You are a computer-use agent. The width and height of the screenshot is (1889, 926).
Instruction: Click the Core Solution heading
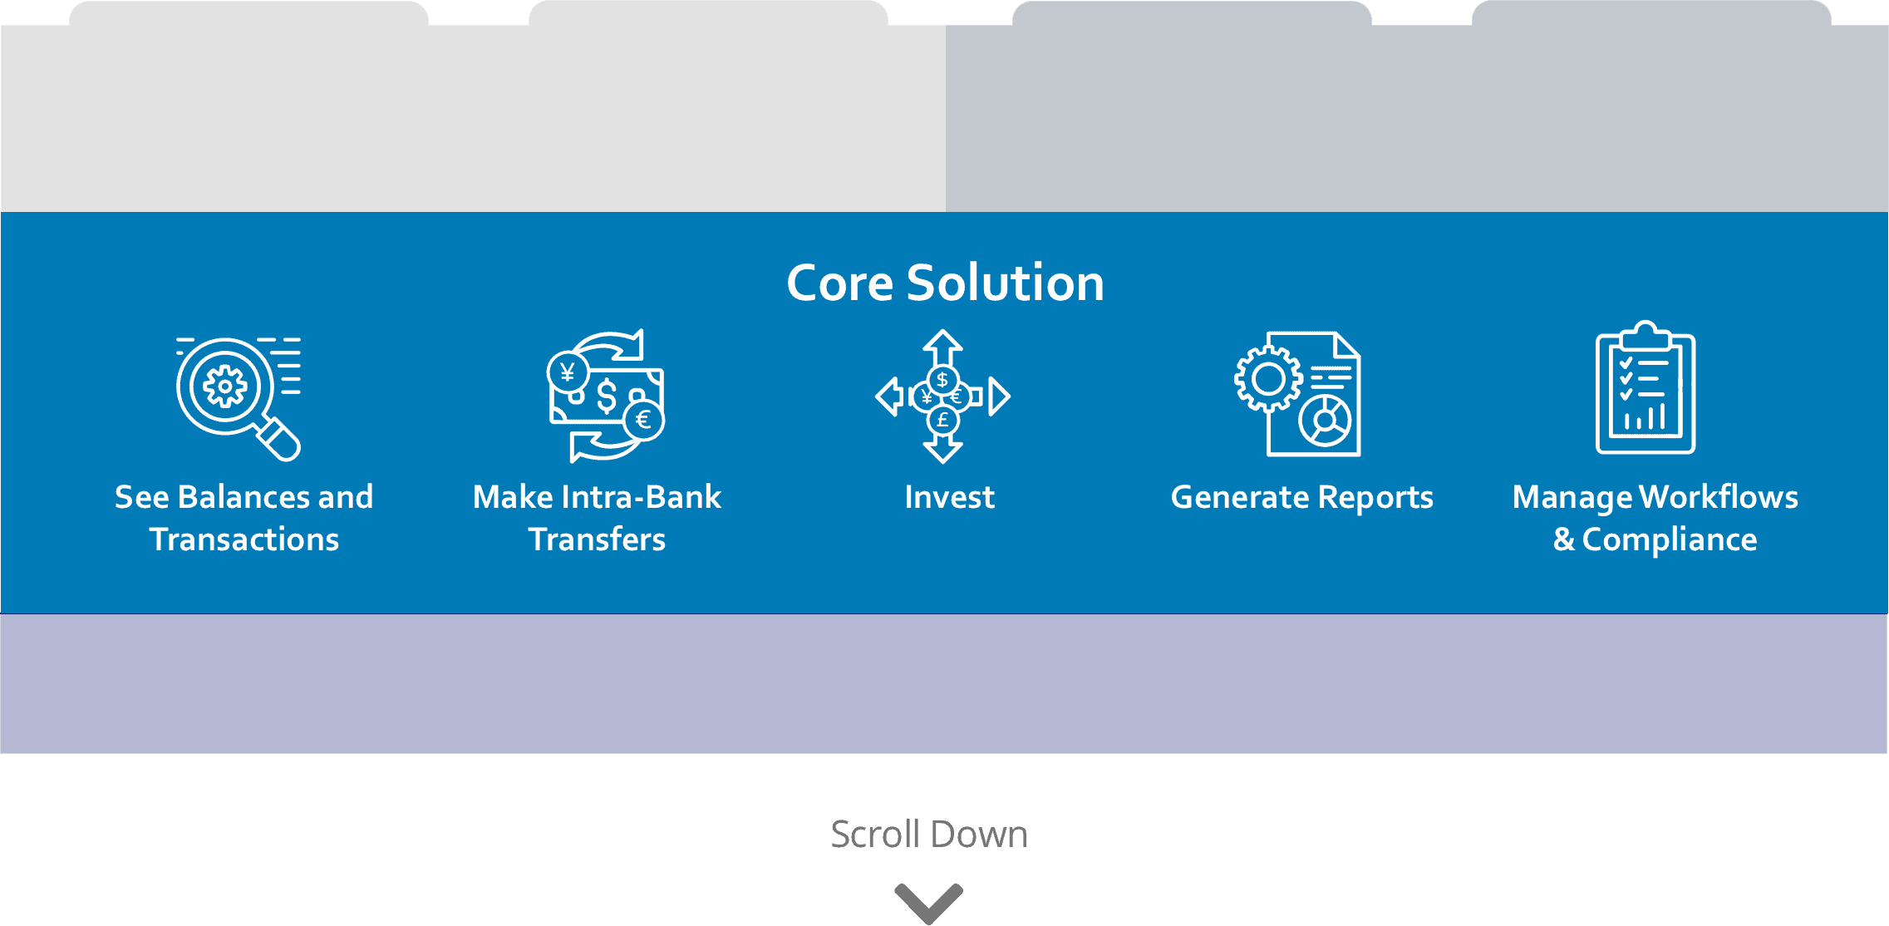point(945,283)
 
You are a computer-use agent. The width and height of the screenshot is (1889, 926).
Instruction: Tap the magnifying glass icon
point(238,397)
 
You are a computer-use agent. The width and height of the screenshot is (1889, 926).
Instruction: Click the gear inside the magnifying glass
point(224,387)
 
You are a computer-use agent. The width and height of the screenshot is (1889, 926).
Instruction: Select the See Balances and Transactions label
point(244,518)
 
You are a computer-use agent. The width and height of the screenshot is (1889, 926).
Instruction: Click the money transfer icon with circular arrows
point(606,397)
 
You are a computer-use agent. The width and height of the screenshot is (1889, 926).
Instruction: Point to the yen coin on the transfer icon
point(568,372)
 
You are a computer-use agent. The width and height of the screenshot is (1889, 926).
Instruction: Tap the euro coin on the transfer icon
point(643,420)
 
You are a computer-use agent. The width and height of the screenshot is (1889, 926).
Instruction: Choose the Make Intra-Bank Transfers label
point(597,518)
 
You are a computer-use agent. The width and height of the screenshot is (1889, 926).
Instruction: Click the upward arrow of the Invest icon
point(942,345)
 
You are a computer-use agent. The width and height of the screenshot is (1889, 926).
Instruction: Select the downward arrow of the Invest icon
point(942,449)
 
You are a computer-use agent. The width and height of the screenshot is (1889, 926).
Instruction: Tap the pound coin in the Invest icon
point(942,420)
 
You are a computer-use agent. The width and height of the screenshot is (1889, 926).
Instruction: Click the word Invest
point(949,497)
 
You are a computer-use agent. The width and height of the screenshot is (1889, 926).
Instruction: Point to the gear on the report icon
point(1268,379)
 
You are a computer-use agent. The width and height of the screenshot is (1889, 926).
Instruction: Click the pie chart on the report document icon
point(1326,421)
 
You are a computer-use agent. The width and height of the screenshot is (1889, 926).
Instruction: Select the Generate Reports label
point(1301,497)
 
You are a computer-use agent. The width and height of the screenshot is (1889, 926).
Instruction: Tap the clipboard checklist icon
point(1645,389)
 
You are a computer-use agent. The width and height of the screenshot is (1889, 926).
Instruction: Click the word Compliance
point(1669,539)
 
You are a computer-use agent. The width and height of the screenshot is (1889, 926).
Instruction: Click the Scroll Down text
point(929,834)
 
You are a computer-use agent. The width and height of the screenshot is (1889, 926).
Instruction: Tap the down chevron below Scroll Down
point(928,902)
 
